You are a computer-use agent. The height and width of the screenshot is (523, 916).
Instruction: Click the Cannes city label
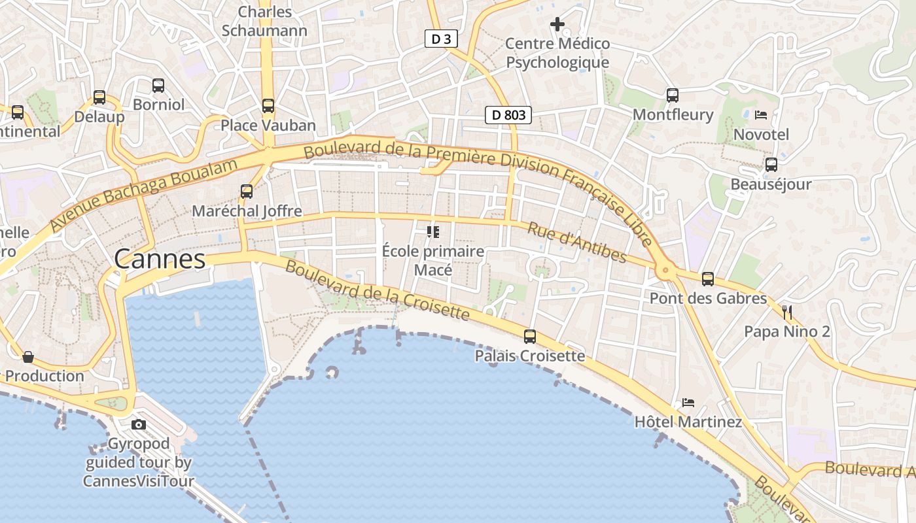point(160,260)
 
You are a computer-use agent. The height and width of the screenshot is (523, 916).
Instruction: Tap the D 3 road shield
point(441,39)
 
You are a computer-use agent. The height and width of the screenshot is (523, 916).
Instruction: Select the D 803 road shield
point(508,115)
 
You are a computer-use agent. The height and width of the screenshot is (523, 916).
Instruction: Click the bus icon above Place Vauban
point(268,105)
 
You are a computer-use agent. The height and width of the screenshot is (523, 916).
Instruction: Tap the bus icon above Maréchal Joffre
point(247,191)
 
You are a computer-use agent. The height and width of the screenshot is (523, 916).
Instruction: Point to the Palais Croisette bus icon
point(529,337)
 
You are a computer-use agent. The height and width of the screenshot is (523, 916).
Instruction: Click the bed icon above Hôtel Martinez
point(688,402)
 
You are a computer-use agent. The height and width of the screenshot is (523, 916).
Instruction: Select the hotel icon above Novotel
point(760,115)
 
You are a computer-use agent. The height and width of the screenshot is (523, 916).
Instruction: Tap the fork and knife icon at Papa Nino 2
point(787,312)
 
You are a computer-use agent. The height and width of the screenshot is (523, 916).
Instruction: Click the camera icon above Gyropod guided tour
point(139,424)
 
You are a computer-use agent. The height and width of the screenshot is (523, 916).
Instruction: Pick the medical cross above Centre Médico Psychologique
point(557,25)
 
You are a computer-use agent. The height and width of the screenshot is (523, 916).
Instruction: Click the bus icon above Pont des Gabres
point(707,279)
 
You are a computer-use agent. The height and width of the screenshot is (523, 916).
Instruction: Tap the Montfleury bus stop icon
point(673,95)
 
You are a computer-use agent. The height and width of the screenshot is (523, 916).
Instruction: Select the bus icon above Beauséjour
point(771,165)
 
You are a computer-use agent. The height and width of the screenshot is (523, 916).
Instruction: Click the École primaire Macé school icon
point(432,231)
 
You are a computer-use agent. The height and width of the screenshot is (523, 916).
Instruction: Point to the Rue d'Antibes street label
point(576,243)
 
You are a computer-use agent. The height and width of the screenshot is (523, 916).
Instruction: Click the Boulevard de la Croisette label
point(378,291)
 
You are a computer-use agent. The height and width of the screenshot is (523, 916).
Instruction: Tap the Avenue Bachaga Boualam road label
point(143,194)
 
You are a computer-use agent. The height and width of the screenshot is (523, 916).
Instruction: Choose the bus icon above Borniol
point(158,85)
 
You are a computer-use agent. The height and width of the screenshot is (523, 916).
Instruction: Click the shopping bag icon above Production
point(28,357)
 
